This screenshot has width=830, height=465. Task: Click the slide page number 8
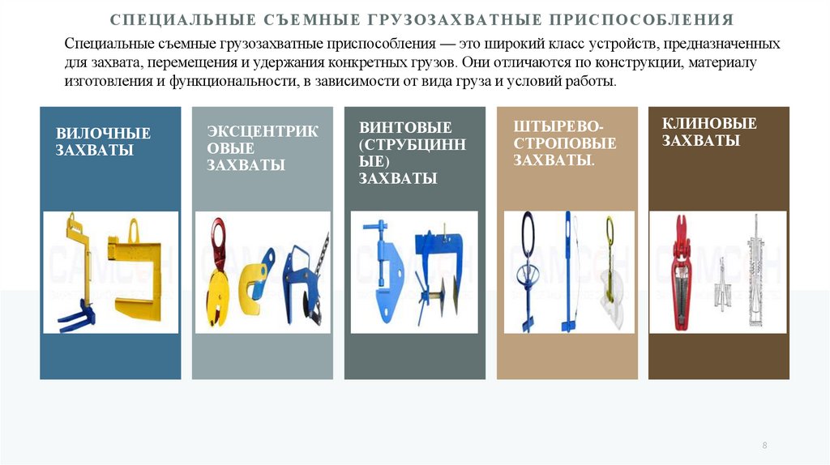coord(764,446)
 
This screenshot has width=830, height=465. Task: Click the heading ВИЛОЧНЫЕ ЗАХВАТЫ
coord(103,141)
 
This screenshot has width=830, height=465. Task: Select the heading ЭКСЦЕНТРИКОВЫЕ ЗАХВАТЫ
coord(263,148)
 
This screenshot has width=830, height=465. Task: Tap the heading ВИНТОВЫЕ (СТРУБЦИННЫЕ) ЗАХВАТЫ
coord(413,152)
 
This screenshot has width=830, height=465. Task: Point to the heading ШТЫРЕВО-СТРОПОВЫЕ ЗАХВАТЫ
coord(565,143)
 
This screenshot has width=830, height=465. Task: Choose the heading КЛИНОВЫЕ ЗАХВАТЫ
coord(709,132)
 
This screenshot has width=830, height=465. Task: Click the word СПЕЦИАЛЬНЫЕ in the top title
coord(183,20)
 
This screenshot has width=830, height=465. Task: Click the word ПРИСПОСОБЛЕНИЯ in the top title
coord(642,20)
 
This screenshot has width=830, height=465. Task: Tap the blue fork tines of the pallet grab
coord(77,318)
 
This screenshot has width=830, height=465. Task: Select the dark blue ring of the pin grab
coord(528,232)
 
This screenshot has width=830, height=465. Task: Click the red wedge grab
coord(682,272)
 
